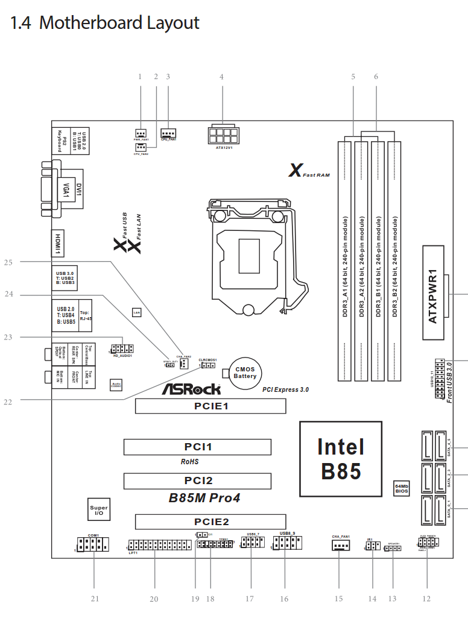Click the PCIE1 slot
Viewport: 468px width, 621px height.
(x=209, y=406)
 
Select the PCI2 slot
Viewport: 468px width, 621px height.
(x=197, y=481)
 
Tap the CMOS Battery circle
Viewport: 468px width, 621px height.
(x=245, y=373)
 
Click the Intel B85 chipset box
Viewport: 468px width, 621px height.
(x=341, y=458)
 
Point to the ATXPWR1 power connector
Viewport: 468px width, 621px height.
(x=437, y=283)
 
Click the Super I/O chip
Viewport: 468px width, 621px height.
(x=99, y=510)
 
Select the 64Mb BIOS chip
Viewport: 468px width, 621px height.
(x=402, y=488)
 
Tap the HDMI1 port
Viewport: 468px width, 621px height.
(x=58, y=238)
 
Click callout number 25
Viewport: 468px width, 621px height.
(x=8, y=262)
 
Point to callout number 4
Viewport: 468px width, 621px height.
(x=222, y=77)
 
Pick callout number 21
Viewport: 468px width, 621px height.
(x=94, y=599)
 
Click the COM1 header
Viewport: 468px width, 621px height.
(x=92, y=545)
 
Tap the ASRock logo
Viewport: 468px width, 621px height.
(x=191, y=389)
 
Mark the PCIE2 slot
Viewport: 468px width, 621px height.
(x=209, y=522)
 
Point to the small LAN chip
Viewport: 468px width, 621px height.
(x=137, y=312)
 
